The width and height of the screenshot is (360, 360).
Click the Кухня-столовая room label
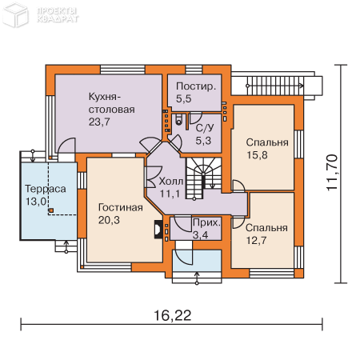pos(111,103)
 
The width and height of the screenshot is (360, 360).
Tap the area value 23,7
pos(99,122)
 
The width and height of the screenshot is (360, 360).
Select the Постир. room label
pos(196,86)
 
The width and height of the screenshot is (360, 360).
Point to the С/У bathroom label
pos(205,128)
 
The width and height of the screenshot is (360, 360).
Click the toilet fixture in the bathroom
pos(178,121)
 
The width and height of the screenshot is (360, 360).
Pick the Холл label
pos(171,182)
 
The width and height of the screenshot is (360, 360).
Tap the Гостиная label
pos(121,207)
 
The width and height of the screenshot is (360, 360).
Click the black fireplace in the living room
pos(158,230)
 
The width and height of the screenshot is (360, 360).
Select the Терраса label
pos(46,189)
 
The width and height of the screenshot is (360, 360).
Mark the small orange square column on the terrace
pos(51,210)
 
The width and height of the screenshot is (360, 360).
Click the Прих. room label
pos(207,222)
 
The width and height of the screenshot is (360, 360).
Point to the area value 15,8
pos(257,155)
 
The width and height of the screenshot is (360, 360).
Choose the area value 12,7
pos(256,241)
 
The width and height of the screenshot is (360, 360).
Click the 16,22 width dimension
pos(173,315)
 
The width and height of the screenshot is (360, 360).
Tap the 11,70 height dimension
pos(332,172)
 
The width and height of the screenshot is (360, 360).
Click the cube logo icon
pos(15,14)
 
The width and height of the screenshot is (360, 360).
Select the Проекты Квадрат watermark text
pos(58,15)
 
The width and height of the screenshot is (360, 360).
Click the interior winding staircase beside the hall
pos(204,178)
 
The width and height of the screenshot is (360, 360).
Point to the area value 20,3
pos(109,220)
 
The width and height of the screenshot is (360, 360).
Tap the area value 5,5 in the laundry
pos(183,98)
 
